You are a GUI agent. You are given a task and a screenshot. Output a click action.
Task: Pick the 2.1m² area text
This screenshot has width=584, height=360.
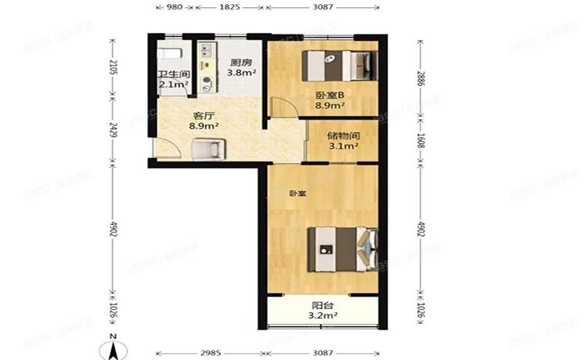pos(172,85)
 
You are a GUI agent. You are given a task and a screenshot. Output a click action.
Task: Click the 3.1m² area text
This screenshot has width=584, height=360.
pos(342,146)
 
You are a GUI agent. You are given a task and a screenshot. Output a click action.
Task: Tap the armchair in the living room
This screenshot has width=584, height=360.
pos(208,147)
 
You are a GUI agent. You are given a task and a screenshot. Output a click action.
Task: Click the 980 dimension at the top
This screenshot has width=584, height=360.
pos(175,8)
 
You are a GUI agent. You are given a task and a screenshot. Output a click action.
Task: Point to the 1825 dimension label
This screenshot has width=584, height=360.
pos(229,8)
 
